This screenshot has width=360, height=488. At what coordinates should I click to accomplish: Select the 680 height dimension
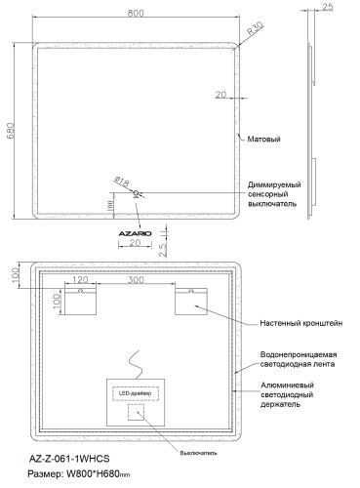click(x=13, y=132)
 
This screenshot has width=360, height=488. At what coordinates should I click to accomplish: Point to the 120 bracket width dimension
click(x=83, y=280)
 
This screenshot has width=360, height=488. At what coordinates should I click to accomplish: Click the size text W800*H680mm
click(x=114, y=477)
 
